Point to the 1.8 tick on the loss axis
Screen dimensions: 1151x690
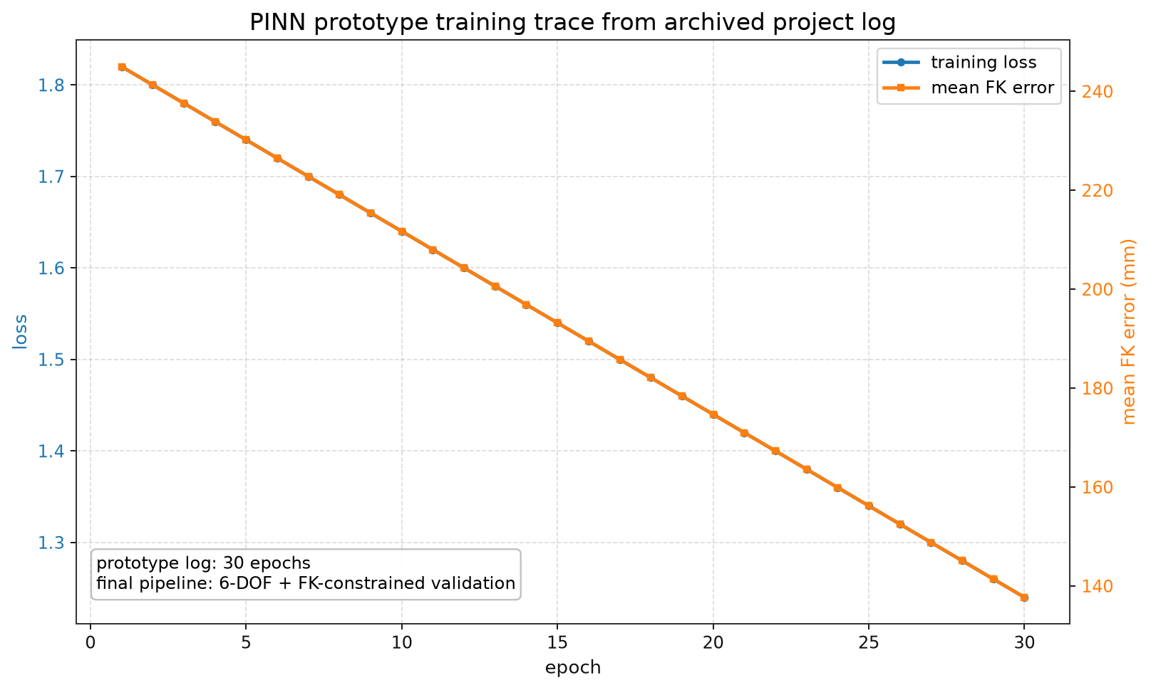click(x=51, y=85)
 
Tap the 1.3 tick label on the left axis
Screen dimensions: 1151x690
click(x=51, y=543)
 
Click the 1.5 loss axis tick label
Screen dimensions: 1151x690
click(x=51, y=360)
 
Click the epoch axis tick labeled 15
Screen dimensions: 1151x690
click(x=557, y=643)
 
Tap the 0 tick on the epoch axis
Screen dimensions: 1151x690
click(x=91, y=643)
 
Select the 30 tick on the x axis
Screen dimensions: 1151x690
click(x=1024, y=643)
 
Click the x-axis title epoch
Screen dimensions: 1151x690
click(x=573, y=668)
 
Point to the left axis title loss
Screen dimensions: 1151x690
click(x=20, y=332)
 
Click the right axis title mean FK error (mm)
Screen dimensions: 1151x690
click(x=1129, y=332)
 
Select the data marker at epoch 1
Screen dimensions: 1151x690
click(x=122, y=67)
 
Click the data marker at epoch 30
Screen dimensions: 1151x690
click(x=1024, y=597)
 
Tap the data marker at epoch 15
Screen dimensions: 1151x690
click(x=557, y=323)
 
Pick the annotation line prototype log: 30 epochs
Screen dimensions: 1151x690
click(x=204, y=564)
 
